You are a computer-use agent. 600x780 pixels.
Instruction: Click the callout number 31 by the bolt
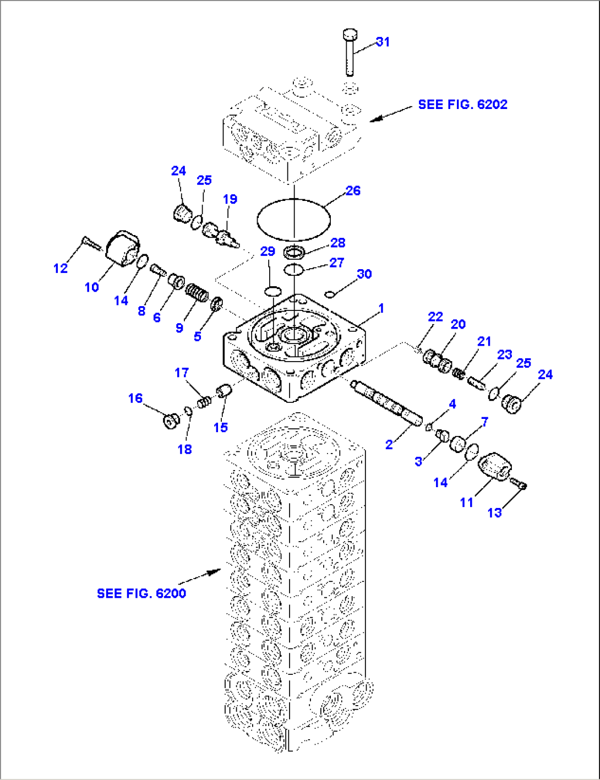click(x=383, y=42)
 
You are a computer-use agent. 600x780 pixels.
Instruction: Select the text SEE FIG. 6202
click(x=462, y=105)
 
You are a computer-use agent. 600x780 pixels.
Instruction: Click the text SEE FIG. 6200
click(x=141, y=593)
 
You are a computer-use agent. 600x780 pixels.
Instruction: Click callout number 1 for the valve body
click(x=381, y=308)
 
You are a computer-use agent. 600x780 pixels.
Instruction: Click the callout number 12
click(x=61, y=268)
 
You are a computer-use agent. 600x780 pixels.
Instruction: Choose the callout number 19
click(x=230, y=199)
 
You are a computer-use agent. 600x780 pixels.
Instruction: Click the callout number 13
click(x=495, y=512)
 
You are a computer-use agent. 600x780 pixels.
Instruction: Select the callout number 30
click(x=364, y=274)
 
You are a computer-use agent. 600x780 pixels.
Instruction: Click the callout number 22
click(x=435, y=317)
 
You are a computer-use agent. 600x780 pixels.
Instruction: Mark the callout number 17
click(x=182, y=373)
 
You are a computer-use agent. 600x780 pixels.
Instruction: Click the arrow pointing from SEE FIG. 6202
click(x=390, y=113)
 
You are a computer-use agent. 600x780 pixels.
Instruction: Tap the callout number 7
click(x=484, y=422)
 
